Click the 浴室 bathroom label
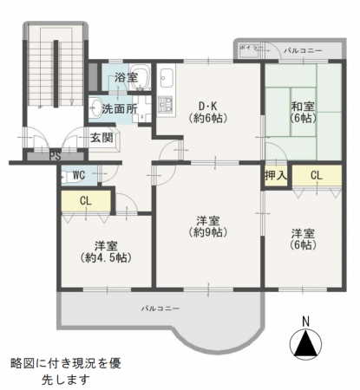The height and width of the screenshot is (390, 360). [125, 78]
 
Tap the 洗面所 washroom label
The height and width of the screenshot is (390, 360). [119, 109]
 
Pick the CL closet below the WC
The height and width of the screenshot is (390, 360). [85, 201]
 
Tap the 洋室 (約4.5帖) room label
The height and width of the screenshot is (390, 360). [104, 251]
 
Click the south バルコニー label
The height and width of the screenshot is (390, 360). [160, 309]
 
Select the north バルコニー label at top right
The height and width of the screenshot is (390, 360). [304, 51]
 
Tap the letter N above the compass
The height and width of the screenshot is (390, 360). [304, 321]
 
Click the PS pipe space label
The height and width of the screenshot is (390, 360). [54, 157]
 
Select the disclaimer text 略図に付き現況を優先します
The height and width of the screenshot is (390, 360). [65, 371]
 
